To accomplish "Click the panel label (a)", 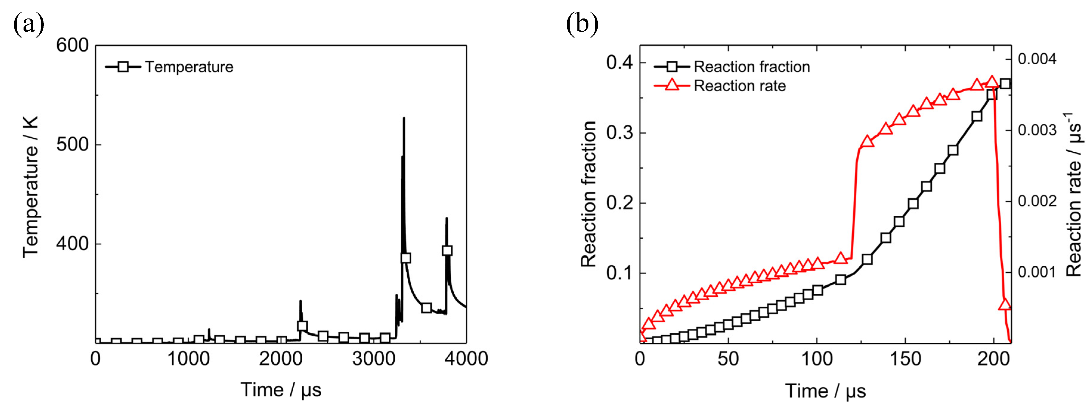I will [29, 24].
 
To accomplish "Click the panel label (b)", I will [582, 24].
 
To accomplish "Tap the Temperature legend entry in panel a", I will [189, 67].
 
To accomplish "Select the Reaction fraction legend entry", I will [751, 67].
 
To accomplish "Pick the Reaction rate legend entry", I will [740, 86].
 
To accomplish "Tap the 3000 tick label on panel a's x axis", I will [373, 358].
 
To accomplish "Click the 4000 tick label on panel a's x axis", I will [466, 358].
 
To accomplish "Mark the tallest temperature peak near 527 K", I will [404, 118].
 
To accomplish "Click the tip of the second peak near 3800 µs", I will [447, 219].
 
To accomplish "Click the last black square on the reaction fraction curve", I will [1005, 84].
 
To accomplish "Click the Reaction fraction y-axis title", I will [588, 194].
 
